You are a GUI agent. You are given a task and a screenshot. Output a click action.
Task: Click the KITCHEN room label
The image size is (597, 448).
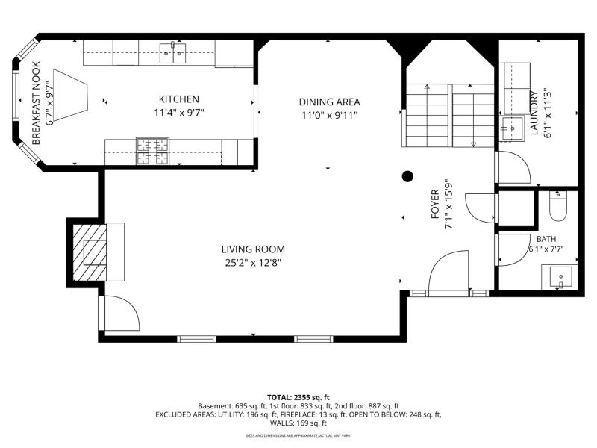coord(178,99)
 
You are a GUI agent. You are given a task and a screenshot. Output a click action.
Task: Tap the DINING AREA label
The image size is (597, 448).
coord(329,102)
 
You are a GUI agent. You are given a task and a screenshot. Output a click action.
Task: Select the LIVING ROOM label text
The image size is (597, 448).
coord(253,249)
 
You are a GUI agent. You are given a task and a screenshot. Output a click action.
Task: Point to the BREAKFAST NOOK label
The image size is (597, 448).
coord(36,103)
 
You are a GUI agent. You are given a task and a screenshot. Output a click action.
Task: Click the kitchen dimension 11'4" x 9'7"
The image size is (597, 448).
coord(178,113)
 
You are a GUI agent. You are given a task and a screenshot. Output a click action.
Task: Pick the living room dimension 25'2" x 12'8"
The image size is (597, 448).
coord(253,263)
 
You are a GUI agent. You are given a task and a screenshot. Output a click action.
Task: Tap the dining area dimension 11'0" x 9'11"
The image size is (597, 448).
coord(329,115)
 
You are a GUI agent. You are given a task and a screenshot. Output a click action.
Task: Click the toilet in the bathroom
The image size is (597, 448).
coord(558,206)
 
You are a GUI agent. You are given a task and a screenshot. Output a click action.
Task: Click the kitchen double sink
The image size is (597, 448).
coord(173,53)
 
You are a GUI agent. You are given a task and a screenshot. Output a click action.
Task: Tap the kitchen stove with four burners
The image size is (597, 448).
coord(153,152)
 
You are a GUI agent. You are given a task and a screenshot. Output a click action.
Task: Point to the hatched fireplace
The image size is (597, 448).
coord(90,252)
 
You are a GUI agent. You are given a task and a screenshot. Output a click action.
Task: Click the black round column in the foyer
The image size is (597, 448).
coord(407,176)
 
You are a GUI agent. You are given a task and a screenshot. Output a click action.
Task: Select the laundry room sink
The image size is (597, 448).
coord(512,128)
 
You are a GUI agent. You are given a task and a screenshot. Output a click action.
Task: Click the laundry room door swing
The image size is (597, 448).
coord(513,167)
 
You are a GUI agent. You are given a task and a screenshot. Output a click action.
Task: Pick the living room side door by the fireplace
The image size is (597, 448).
coord(121,313)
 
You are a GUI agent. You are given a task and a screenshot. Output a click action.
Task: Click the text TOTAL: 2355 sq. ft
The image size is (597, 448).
coord(298,398)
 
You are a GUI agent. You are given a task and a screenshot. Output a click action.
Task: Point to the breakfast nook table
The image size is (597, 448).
coord(71,96)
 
